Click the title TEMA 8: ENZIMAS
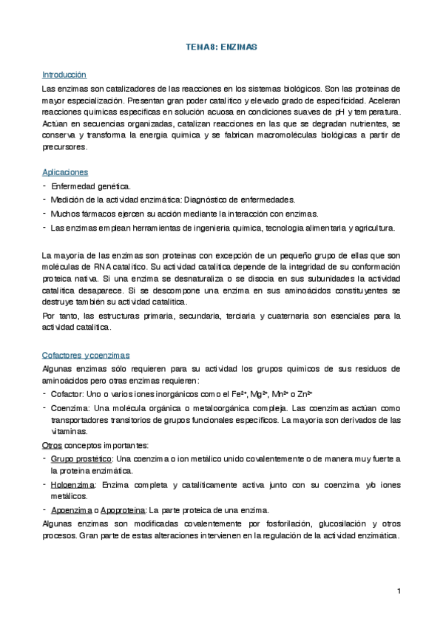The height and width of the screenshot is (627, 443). [220, 47]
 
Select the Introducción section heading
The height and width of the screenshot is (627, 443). [64, 75]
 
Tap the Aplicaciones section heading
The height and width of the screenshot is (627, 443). [66, 172]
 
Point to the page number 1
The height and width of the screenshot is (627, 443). [398, 591]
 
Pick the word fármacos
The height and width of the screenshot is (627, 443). [97, 213]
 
